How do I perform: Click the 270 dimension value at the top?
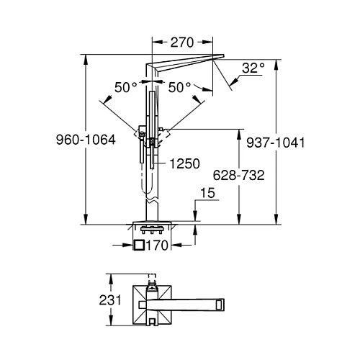[181, 42]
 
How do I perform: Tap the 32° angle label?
[253, 68]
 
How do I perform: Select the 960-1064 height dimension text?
[86, 140]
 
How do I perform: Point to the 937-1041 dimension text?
[276, 143]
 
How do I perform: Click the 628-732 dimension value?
[238, 175]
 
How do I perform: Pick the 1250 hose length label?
[184, 163]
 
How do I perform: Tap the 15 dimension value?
[207, 193]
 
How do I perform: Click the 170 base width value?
[157, 246]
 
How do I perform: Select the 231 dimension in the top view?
[110, 300]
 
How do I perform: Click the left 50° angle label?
[126, 87]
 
